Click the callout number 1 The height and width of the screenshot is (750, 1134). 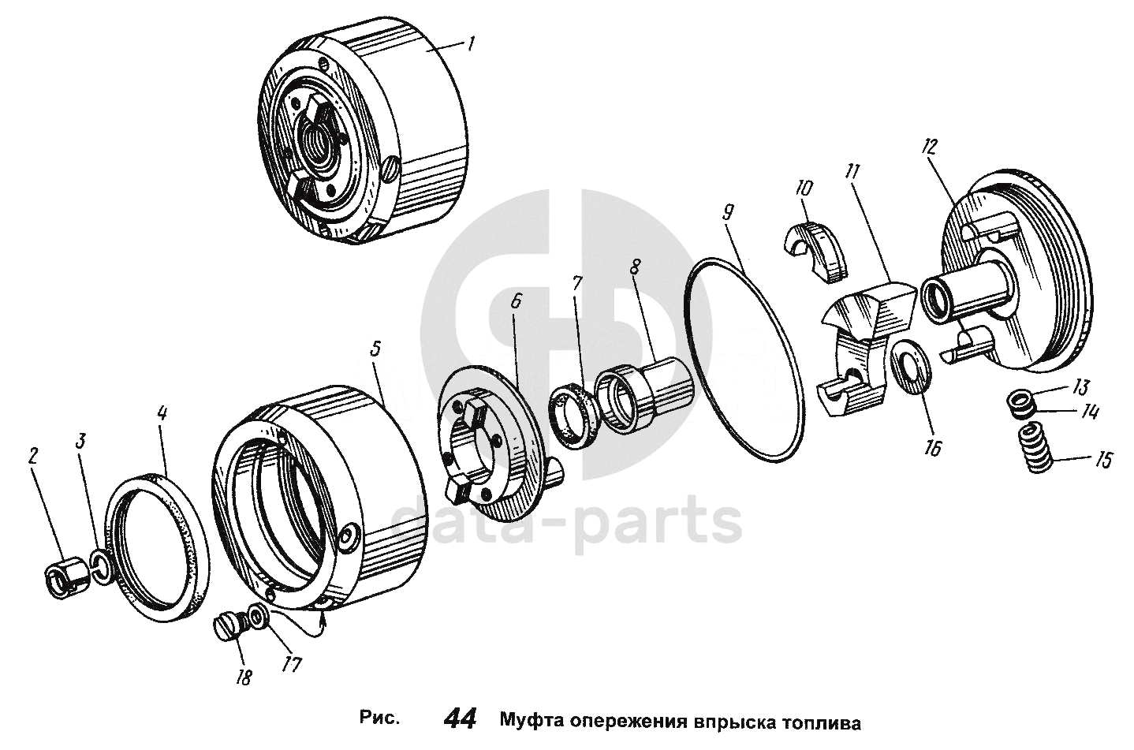pos(470,44)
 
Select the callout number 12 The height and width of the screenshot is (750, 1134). pos(928,147)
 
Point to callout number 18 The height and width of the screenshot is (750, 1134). pos(244,677)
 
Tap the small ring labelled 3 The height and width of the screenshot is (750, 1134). pos(99,567)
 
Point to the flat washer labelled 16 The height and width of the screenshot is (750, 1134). pos(912,374)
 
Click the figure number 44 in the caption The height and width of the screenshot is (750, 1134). pos(461,719)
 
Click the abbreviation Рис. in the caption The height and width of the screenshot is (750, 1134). pos(379,718)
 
